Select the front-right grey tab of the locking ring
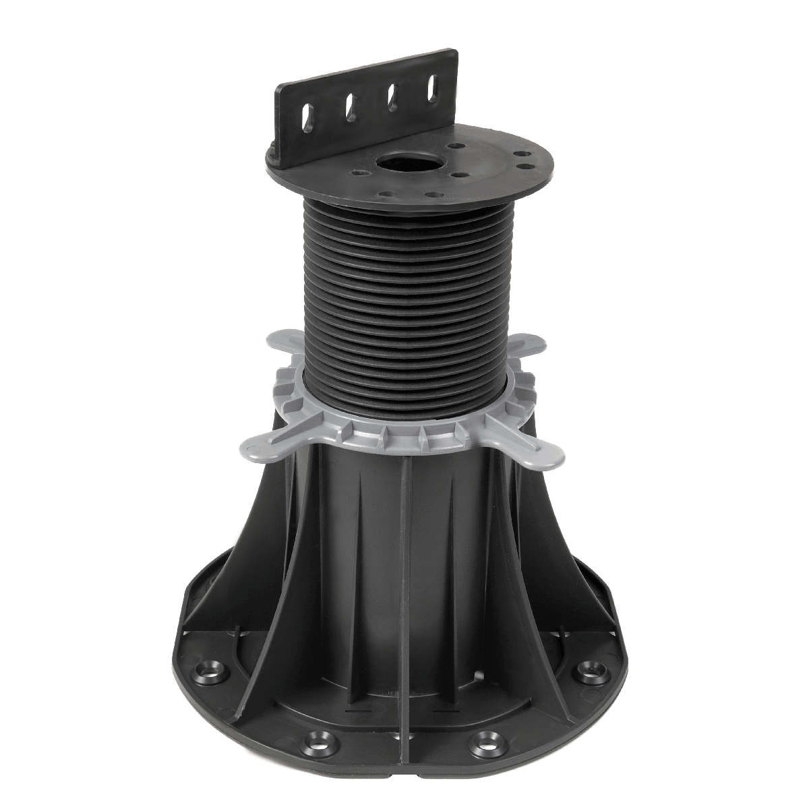pyautogui.click(x=543, y=456)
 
